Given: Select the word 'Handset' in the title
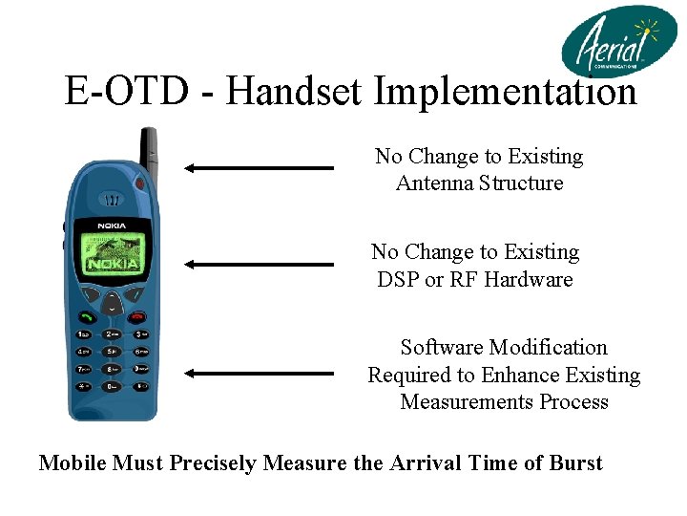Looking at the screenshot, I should tap(297, 92).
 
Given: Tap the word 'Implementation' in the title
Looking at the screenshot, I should tap(505, 92).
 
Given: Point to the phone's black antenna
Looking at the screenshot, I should tap(149, 148).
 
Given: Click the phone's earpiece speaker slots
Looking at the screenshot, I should tap(113, 201).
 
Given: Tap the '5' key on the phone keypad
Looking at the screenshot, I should tap(113, 351).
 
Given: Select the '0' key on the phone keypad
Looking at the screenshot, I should tap(113, 386).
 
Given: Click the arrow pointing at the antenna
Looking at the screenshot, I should tap(258, 168).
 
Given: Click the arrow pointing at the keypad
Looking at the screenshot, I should tap(258, 374).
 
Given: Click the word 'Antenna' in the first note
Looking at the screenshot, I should tap(435, 183).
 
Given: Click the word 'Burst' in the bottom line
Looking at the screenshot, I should tap(575, 463).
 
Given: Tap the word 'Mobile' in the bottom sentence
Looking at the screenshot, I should tap(73, 463).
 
